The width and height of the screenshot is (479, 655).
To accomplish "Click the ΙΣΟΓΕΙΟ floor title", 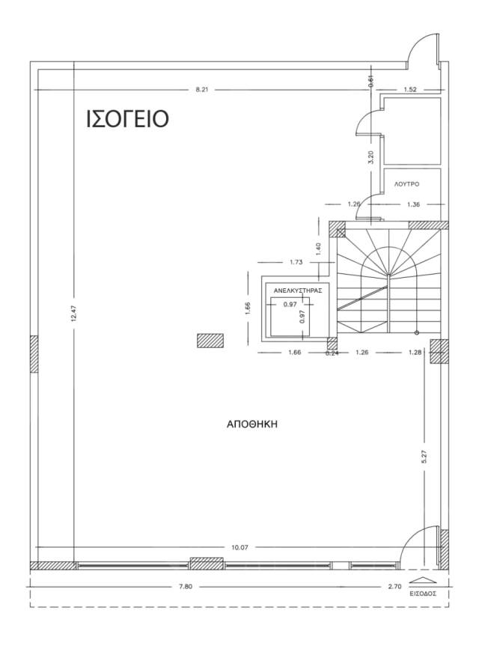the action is pyautogui.click(x=127, y=118).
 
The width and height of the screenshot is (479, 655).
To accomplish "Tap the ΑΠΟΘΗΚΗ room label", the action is pyautogui.click(x=252, y=424).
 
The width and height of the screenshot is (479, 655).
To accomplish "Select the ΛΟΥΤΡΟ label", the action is pyautogui.click(x=406, y=184).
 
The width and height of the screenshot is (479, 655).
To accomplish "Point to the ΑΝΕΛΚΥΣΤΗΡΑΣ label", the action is pyautogui.click(x=298, y=290).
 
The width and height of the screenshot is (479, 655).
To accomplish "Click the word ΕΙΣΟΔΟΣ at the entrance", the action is pyautogui.click(x=423, y=593).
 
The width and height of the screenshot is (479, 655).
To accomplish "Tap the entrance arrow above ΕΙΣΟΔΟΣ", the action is pyautogui.click(x=423, y=580).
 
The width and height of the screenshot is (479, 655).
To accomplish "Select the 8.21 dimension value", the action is pyautogui.click(x=202, y=89).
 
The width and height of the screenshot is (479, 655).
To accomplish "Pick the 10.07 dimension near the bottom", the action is pyautogui.click(x=240, y=547).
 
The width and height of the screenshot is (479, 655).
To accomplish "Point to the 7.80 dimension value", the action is pyautogui.click(x=186, y=586).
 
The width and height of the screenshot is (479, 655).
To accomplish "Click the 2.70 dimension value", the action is pyautogui.click(x=394, y=586).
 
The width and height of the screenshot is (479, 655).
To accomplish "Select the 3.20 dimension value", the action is pyautogui.click(x=371, y=157).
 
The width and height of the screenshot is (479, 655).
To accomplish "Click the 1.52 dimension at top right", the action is pyautogui.click(x=410, y=89).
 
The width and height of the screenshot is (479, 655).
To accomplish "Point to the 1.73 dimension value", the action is pyautogui.click(x=296, y=262).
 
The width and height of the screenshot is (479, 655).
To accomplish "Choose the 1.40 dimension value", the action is pyautogui.click(x=319, y=249).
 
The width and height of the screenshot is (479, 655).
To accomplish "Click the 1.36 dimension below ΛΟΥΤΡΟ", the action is pyautogui.click(x=413, y=204).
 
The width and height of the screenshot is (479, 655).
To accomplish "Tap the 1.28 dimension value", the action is pyautogui.click(x=416, y=352).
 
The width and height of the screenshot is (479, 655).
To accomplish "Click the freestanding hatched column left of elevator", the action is pyautogui.click(x=210, y=341).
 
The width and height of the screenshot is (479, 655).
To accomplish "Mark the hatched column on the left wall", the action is pyautogui.click(x=34, y=354).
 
